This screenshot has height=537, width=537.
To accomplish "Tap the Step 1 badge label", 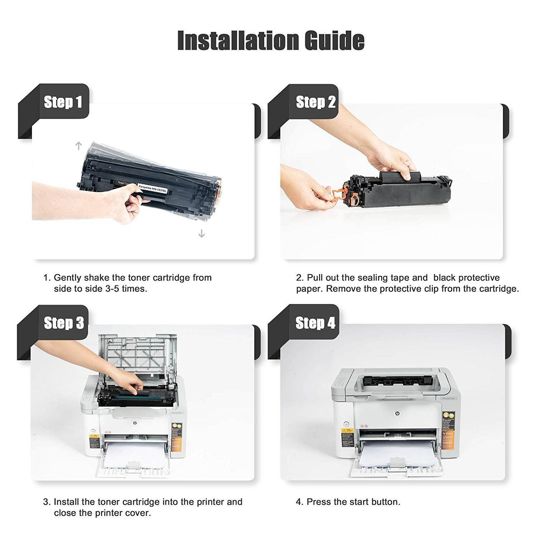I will coord(63,102).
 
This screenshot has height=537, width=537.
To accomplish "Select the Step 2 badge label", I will coord(315,102).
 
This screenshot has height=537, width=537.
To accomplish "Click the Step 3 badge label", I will coord(64,323).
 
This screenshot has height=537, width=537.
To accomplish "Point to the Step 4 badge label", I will coord(315,323).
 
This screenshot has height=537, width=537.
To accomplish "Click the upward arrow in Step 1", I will coord(79,145).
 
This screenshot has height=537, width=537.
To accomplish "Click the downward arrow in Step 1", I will coord(202,234).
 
